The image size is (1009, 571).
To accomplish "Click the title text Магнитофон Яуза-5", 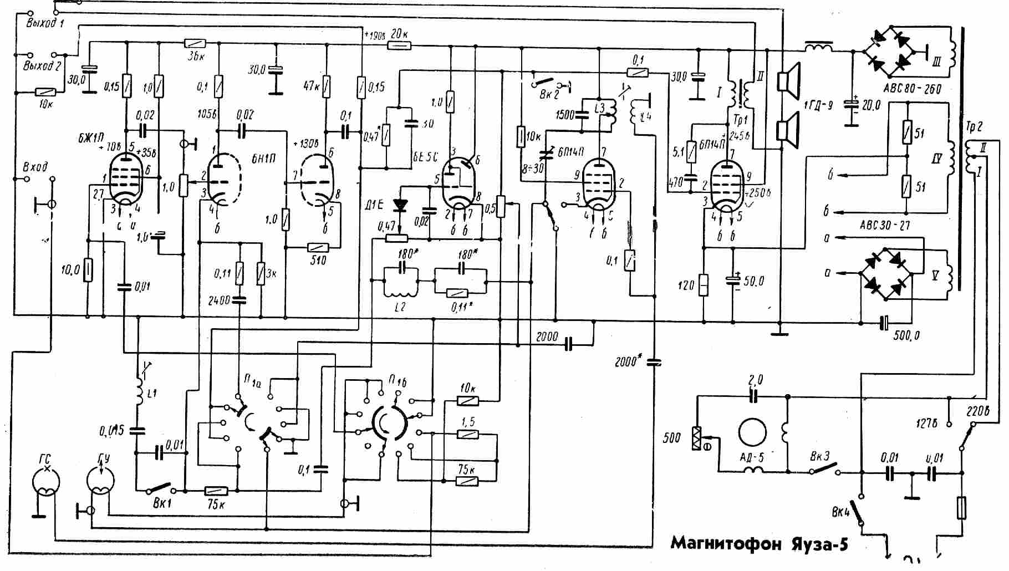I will coord(759,543).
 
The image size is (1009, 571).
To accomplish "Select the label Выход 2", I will coord(42,66).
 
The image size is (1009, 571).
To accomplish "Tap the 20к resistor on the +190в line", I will coord(399,46).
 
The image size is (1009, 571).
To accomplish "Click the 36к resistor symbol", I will coord(195,43).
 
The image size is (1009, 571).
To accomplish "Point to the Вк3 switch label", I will coord(819,457).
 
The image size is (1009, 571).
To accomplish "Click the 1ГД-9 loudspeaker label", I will coord(818,105).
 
